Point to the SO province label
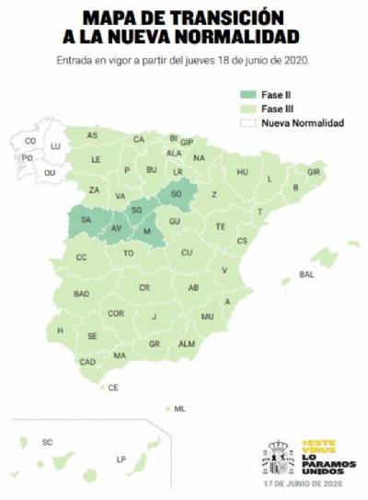pyautogui.click(x=176, y=194)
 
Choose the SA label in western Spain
pyautogui.click(x=86, y=220)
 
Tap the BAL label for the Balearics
pyautogui.click(x=307, y=274)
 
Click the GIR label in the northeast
pyautogui.click(x=314, y=172)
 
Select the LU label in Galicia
pyautogui.click(x=55, y=146)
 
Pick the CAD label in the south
pyautogui.click(x=88, y=362)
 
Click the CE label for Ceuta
pyautogui.click(x=113, y=388)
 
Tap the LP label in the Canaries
pyautogui.click(x=121, y=459)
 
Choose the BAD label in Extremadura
pyautogui.click(x=81, y=294)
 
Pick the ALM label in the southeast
pyautogui.click(x=187, y=343)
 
